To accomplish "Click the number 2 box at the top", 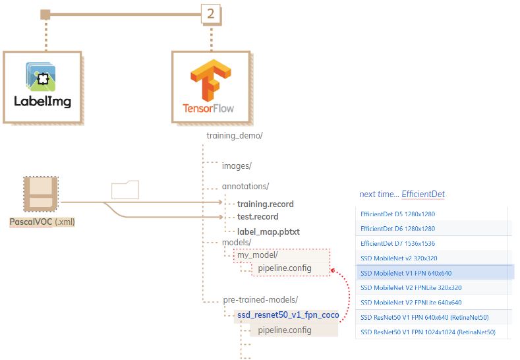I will pos(210,13).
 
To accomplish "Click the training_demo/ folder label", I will pos(235,136).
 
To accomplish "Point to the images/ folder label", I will pos(237,165).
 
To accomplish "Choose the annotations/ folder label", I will pos(245,186).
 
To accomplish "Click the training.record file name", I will pos(266,204).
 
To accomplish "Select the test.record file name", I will pos(258,217).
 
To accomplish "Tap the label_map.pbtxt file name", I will pos(268,231).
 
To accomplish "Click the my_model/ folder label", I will pos(258,255).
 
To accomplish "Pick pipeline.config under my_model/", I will pos(285,268).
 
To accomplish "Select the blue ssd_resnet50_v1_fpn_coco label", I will pos(288,315).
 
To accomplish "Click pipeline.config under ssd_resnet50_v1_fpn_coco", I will pos(285,330).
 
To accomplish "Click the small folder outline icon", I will pos(125,189).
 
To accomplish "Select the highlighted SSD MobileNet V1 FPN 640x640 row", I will pos(406,273).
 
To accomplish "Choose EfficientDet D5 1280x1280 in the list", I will pos(398,214).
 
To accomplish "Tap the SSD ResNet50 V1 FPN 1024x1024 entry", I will pos(428,332).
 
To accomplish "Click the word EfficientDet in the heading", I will pos(423,194).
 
